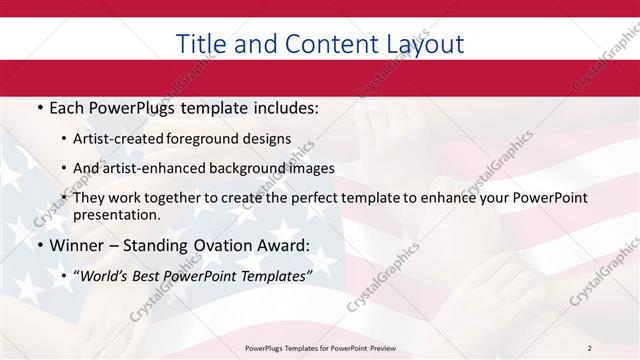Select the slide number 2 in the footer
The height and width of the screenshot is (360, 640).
click(x=589, y=348)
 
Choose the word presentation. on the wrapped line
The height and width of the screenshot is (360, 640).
click(x=117, y=215)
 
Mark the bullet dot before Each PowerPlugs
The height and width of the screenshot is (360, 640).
click(x=40, y=108)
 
